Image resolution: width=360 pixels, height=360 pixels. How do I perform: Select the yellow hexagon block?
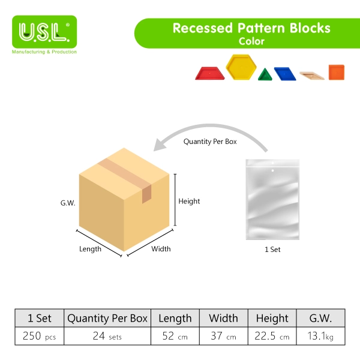[x=241, y=67]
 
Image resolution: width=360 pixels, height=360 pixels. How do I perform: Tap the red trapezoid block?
[x=210, y=73]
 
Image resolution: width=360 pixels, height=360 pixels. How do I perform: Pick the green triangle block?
[x=265, y=74]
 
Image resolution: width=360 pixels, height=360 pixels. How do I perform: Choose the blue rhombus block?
[x=285, y=74]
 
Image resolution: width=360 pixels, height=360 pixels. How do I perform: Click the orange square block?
[x=337, y=73]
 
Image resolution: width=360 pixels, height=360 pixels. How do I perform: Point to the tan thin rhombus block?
[x=312, y=76]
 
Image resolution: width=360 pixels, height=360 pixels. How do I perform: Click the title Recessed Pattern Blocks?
[x=251, y=28]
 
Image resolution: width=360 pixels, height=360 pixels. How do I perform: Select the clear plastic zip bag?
[x=272, y=200]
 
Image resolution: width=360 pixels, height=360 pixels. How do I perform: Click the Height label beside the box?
[x=189, y=202]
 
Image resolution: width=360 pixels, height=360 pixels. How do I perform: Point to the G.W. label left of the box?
[x=68, y=203]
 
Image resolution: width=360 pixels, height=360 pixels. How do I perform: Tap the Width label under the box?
[x=161, y=249]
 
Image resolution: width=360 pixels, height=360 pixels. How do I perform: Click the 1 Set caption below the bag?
[x=272, y=250]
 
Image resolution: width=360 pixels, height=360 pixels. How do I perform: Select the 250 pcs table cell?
[x=39, y=336]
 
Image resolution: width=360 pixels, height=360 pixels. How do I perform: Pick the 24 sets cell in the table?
[x=107, y=336]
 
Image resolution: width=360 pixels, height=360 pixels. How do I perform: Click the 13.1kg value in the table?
[x=320, y=336]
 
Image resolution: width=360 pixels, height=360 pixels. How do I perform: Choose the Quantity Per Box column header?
[x=107, y=318]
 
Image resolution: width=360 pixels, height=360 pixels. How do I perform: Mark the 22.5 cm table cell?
[x=272, y=336]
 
